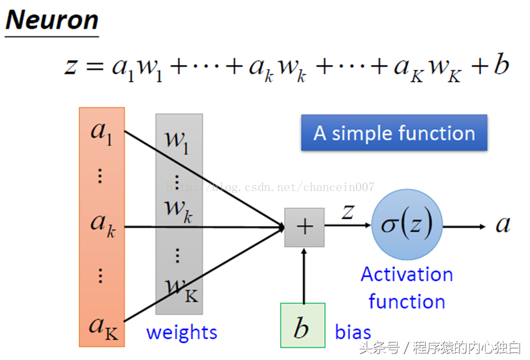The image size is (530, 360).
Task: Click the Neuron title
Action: [x=52, y=20]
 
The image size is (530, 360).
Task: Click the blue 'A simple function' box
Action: [x=394, y=133]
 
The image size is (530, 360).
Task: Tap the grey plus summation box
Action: [x=304, y=227]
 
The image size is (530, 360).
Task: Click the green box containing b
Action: [x=302, y=325]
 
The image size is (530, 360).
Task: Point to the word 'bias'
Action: [x=353, y=331]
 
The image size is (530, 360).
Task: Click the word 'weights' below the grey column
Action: [x=181, y=332]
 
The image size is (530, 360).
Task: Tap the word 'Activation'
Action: [x=407, y=275]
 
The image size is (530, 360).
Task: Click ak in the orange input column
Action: [x=101, y=224]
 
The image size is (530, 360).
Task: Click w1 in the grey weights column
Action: [x=176, y=140]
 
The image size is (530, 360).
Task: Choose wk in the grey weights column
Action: [x=178, y=209]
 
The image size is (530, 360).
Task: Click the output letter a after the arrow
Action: [x=503, y=225]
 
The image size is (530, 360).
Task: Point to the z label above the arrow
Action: [x=348, y=211]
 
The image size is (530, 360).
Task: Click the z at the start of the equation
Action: [x=71, y=67]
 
